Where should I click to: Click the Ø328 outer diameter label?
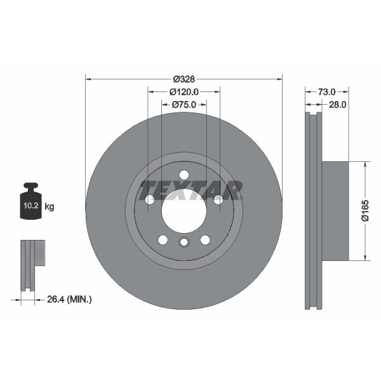click(184, 79)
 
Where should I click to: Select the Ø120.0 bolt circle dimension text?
click(184, 92)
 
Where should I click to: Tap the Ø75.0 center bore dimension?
click(184, 105)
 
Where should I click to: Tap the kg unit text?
click(50, 206)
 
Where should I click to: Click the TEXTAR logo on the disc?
click(191, 189)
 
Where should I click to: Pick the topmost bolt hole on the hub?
click(184, 175)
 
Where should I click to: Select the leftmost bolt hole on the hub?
click(150, 200)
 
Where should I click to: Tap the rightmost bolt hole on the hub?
click(218, 200)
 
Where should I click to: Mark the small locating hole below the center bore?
click(184, 242)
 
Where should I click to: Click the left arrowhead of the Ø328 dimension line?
click(88, 79)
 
